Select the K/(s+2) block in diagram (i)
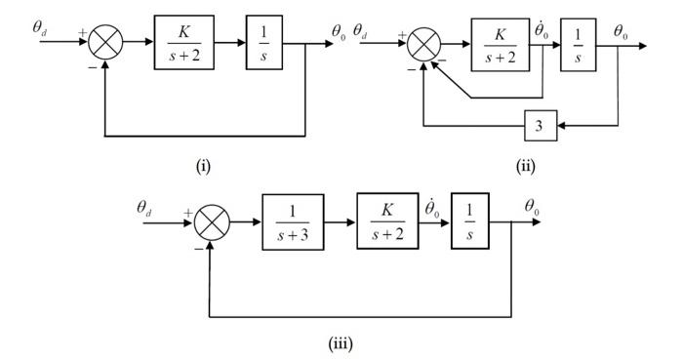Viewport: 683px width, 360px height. (183, 43)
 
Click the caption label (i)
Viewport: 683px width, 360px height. (203, 165)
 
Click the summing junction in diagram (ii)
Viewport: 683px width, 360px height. (422, 45)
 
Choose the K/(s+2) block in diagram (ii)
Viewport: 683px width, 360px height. (500, 44)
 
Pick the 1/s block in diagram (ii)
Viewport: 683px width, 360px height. (578, 44)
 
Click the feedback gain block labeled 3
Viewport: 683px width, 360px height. (539, 126)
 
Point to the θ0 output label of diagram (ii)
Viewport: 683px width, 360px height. (622, 31)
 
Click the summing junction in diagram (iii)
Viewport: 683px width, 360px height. (210, 223)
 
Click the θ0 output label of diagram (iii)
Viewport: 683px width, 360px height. (534, 207)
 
